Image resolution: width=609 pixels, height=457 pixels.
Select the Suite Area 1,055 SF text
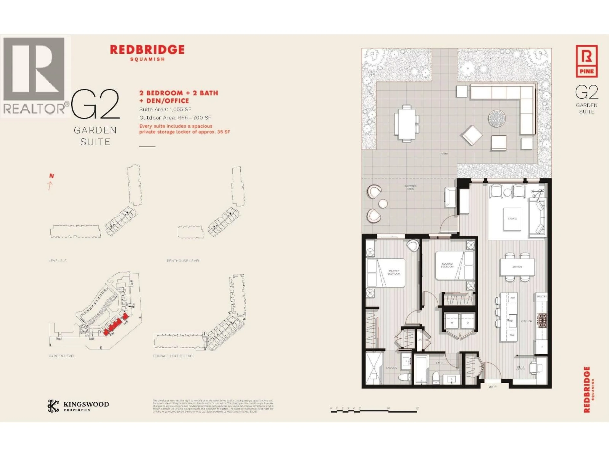pos(165,109)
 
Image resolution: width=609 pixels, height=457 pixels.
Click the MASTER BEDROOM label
pos(394,272)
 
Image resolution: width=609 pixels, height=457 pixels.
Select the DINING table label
pos(517,267)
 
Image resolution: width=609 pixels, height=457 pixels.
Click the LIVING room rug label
pos(512,219)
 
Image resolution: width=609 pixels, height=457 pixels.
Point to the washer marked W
pos(452,322)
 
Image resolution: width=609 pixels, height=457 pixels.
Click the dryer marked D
pos(468,322)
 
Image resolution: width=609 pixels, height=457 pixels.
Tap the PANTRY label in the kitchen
pos(542,297)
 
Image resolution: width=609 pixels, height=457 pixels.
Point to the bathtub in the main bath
pos(421,369)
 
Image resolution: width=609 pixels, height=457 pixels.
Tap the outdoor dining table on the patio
pos(406,123)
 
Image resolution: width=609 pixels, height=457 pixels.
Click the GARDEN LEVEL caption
pos(62,356)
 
